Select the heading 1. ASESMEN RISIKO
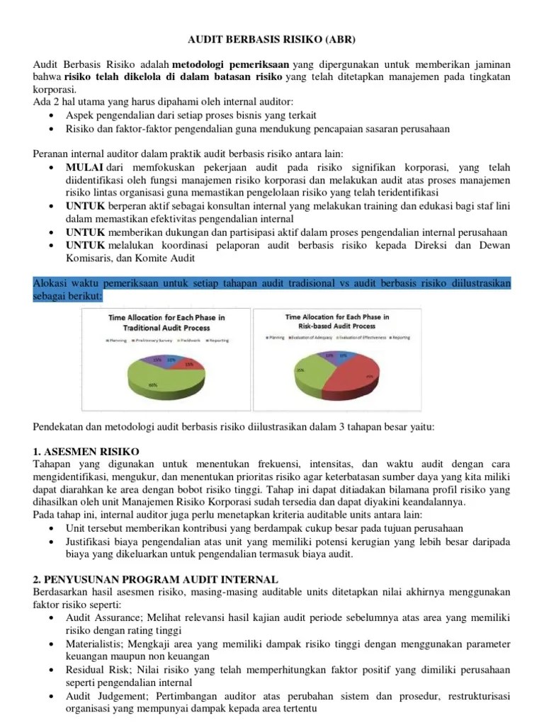point(86,450)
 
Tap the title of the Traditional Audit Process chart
point(165,324)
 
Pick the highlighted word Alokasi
point(51,282)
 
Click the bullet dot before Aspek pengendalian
point(56,115)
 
